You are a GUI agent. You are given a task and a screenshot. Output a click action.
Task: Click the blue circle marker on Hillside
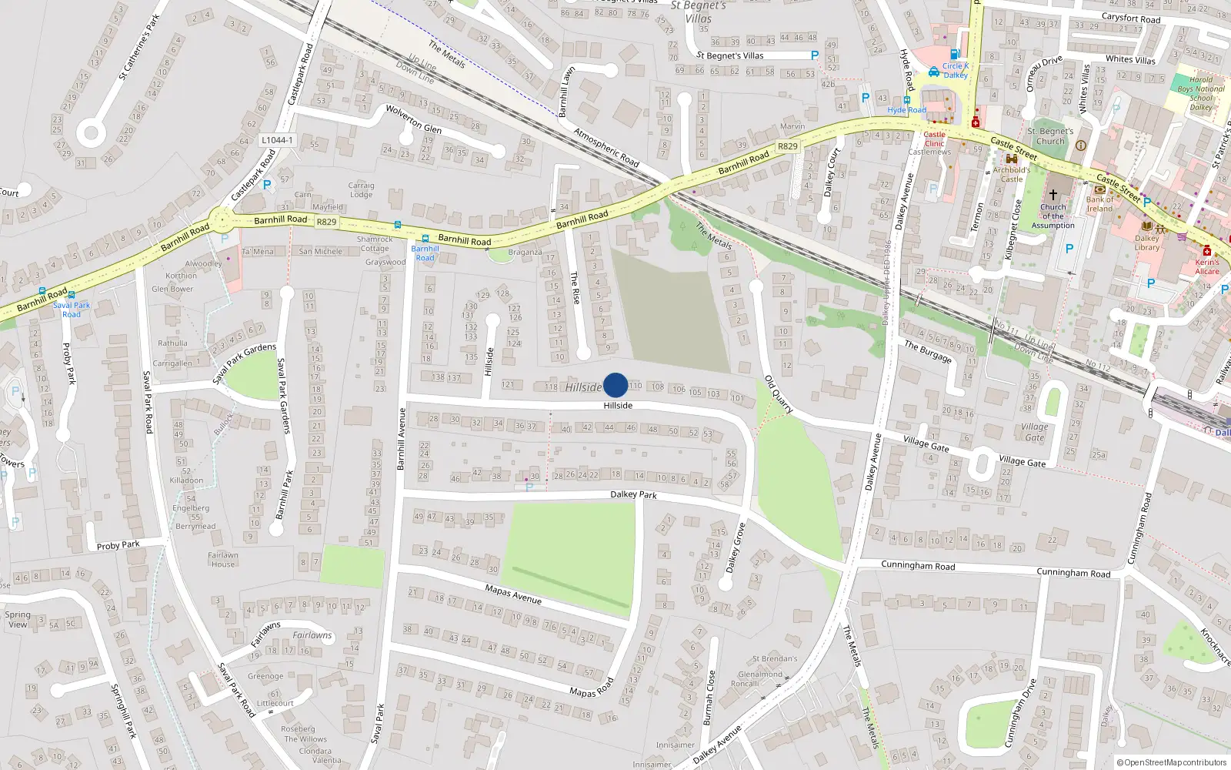coord(615,385)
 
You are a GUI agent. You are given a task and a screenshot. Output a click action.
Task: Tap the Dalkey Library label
coord(1146,243)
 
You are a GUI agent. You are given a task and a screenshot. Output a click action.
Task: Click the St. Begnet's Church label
coord(1050,136)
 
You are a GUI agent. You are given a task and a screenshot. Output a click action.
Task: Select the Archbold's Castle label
coord(1012,174)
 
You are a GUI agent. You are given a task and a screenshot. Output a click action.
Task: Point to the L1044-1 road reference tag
coord(276,140)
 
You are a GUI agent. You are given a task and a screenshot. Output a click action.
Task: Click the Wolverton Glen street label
coord(414,119)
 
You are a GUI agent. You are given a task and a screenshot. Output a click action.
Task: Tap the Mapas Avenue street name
coord(513,594)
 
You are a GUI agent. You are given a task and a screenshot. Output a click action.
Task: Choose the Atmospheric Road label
coord(606,147)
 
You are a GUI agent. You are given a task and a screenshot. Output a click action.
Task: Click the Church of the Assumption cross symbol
coord(1053,195)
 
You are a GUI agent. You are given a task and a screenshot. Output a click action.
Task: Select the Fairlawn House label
coord(223,560)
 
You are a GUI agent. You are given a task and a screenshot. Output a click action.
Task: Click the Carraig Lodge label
coord(361,189)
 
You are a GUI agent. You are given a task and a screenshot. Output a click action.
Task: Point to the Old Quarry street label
coord(779,394)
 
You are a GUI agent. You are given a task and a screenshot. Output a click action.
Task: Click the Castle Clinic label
coord(934,139)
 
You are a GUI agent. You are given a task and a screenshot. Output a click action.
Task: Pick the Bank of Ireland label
coord(1099,204)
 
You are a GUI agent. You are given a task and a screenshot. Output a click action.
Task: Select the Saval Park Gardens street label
coord(244,363)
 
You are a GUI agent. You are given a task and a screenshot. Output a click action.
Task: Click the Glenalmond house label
coord(760,675)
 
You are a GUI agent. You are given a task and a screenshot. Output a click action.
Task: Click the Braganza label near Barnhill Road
coord(525,253)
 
